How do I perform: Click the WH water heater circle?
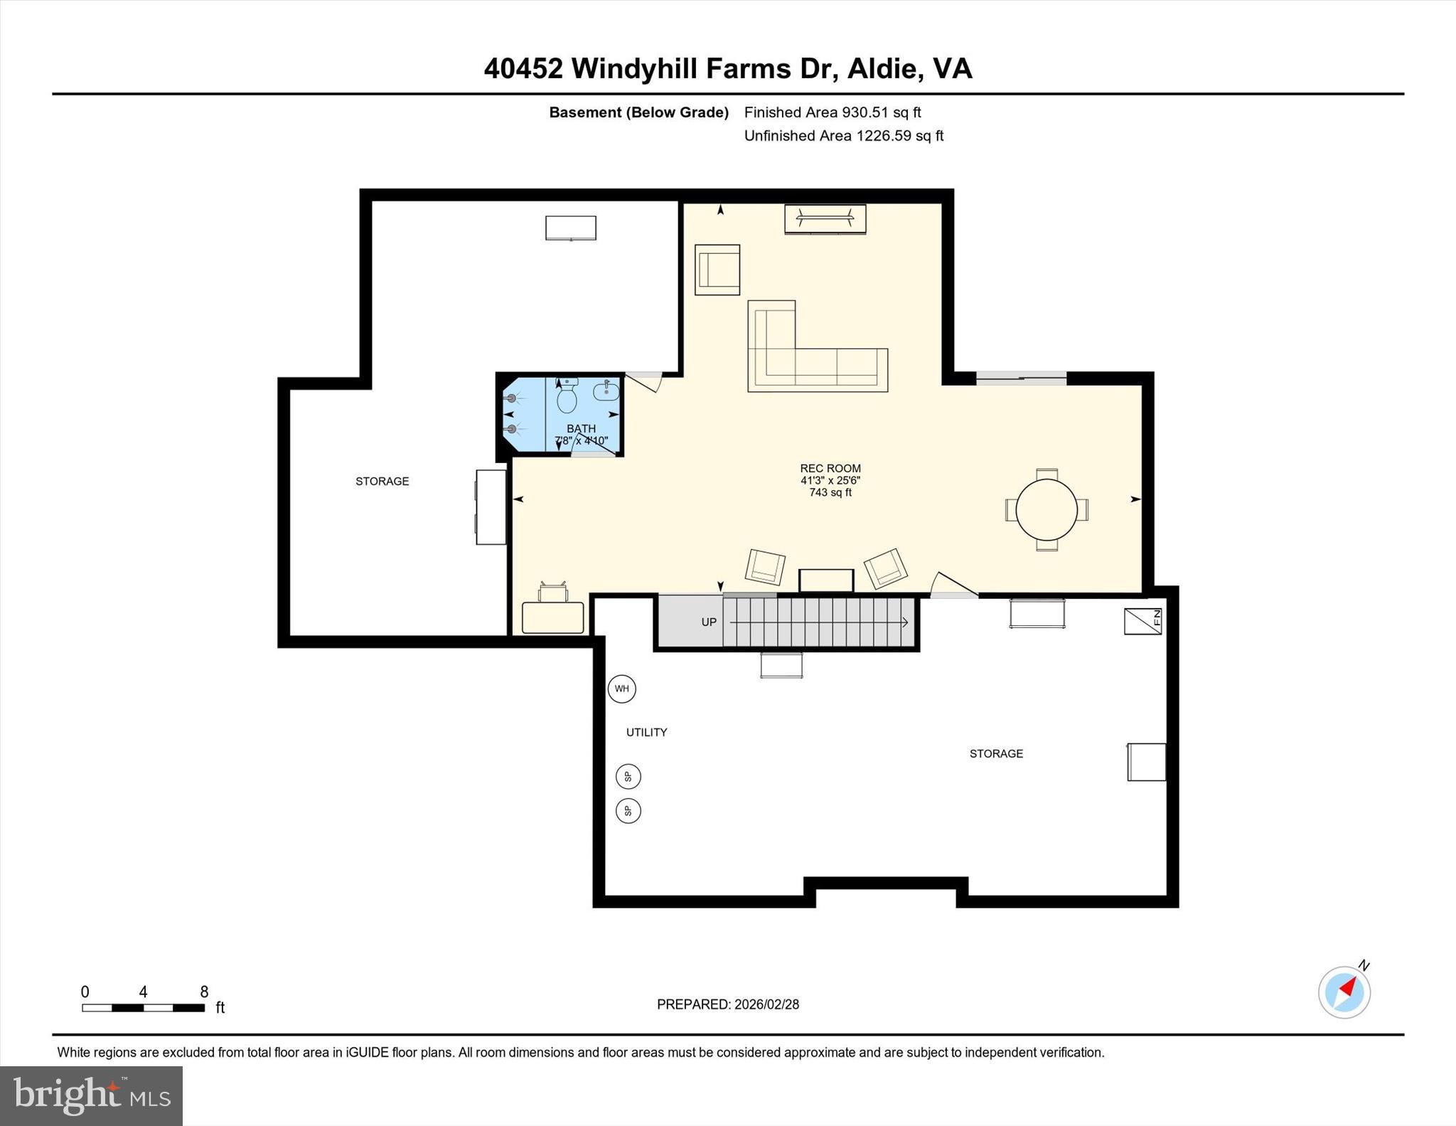coord(622,689)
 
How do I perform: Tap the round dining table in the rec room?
coord(1046,509)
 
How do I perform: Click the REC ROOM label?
coord(830,468)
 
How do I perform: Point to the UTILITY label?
coord(646,732)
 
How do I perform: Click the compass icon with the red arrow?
coord(1344,992)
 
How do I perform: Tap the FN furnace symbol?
coord(1142,621)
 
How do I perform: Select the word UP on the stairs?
coord(709,622)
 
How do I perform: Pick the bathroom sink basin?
coord(606,391)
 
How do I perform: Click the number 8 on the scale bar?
coord(204,992)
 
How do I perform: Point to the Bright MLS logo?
coord(92,1095)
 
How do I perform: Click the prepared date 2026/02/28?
coord(766,1004)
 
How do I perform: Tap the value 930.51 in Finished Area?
coord(865,112)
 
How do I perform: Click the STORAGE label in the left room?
coord(382,482)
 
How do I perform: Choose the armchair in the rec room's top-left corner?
coord(717,270)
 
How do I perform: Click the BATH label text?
coord(581,428)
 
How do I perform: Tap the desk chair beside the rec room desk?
coord(553,592)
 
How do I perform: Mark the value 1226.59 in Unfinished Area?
coord(884,136)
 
